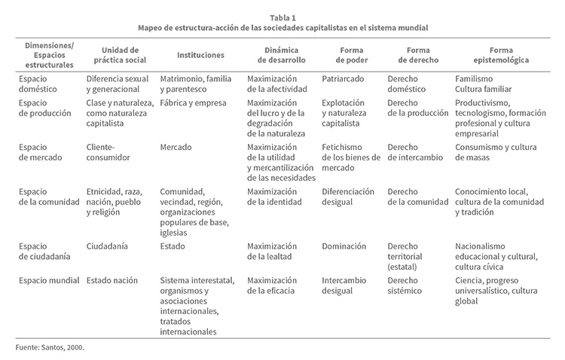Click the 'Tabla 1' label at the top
coord(282,16)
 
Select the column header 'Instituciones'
coord(200,55)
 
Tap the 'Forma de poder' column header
coord(346,55)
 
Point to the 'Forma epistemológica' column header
coord(492,55)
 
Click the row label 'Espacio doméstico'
coord(38,84)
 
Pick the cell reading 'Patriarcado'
coord(344,78)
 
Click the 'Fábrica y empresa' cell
coord(194,102)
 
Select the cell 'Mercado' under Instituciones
coord(176,147)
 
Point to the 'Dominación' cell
coord(344,246)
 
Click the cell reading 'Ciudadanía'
coord(107,246)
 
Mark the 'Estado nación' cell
coord(112,280)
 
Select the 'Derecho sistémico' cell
coord(408,285)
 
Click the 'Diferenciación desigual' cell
coord(348,197)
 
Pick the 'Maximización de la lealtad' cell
coord(272,251)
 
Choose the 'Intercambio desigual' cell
coord(345,285)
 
